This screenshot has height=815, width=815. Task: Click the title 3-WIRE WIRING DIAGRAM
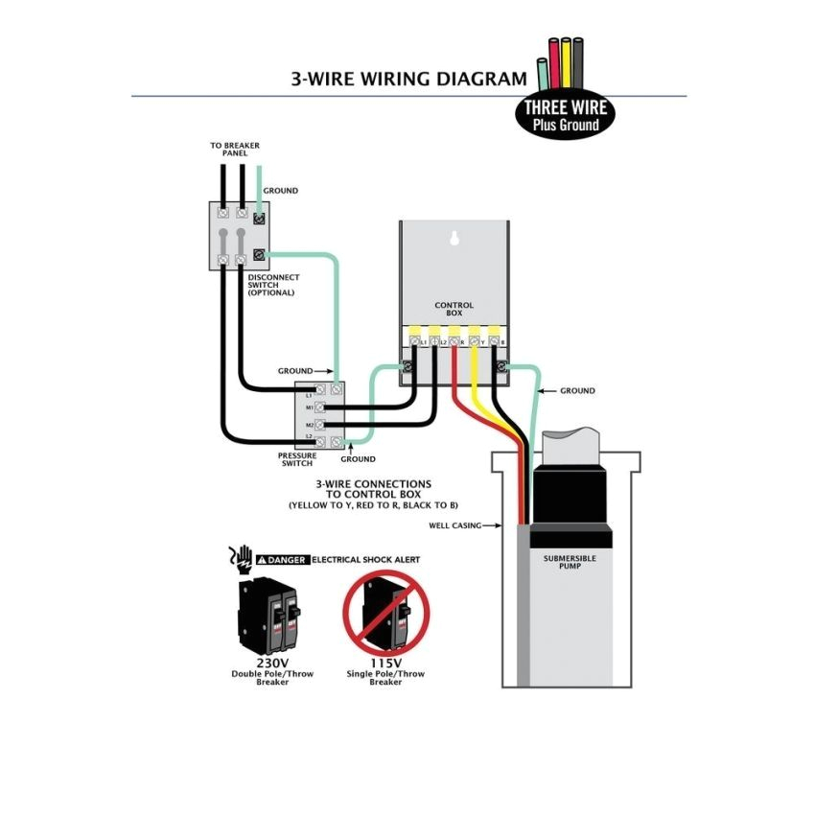(x=408, y=79)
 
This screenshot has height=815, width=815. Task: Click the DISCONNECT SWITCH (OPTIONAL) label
(x=273, y=285)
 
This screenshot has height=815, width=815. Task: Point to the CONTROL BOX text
(x=454, y=310)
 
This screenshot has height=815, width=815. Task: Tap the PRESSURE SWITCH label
(x=296, y=459)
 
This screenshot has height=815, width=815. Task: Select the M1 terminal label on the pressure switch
(x=310, y=407)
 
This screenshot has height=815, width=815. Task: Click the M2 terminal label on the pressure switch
(x=310, y=423)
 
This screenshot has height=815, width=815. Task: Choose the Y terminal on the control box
(x=475, y=340)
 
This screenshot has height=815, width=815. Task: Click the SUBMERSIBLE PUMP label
(x=570, y=561)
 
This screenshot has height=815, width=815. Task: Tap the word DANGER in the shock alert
(x=287, y=560)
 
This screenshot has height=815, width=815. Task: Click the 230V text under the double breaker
(x=271, y=663)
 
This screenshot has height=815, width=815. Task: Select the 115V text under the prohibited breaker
(x=386, y=663)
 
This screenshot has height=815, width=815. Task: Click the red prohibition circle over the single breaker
(x=386, y=611)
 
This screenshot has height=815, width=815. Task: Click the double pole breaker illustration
(x=270, y=614)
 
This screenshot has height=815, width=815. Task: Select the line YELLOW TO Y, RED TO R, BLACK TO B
(x=373, y=504)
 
